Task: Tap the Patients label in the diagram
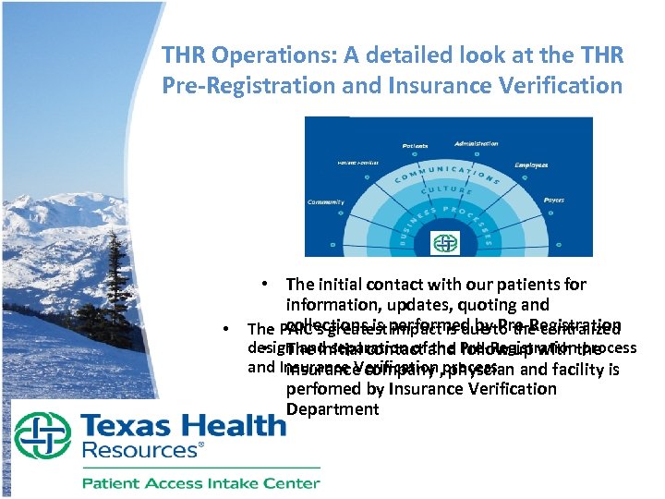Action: [x=414, y=146]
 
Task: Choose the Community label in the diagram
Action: [x=325, y=202]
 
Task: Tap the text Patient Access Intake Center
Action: [x=200, y=482]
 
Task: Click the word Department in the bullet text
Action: [x=332, y=408]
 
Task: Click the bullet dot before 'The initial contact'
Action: [x=264, y=284]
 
